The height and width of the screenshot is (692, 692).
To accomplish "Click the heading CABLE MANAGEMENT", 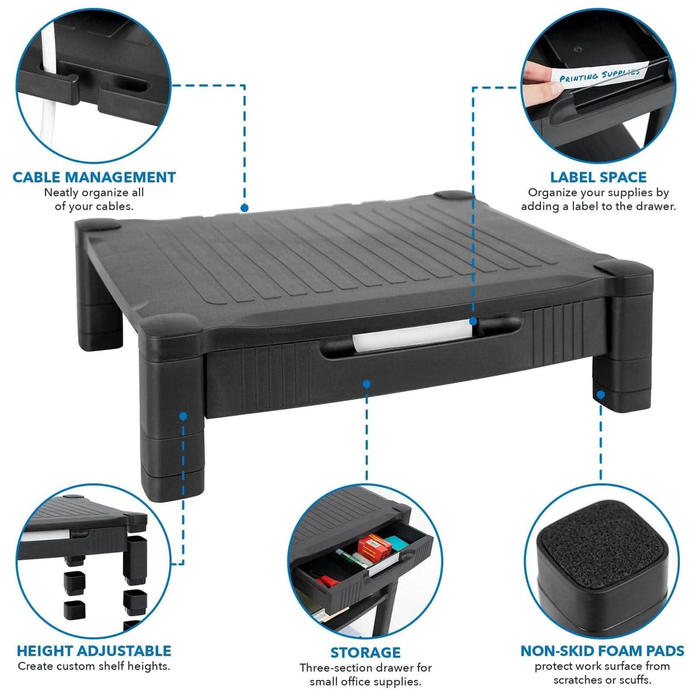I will coord(94,177).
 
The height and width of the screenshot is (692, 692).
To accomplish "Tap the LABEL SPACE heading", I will coord(598,177).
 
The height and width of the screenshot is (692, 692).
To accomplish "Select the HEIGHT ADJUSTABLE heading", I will coord(94,651).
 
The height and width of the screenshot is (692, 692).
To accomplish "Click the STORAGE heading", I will coord(365,652).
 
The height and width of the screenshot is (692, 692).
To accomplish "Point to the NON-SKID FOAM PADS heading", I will coord(603,651).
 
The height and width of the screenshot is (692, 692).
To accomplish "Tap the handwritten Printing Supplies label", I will coord(599,75).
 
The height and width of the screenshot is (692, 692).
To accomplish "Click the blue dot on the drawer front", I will coord(367,384).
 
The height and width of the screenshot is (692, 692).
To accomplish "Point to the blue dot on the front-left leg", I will coord(183,416).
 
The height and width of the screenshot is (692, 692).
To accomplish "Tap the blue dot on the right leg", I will coord(601,394).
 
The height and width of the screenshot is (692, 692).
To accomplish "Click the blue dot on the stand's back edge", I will coord(244,208).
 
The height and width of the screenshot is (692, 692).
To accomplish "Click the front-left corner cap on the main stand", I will coord(170,325).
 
